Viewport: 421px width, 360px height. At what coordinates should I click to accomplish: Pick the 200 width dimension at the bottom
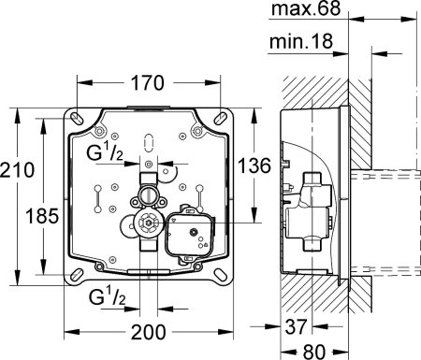150,330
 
